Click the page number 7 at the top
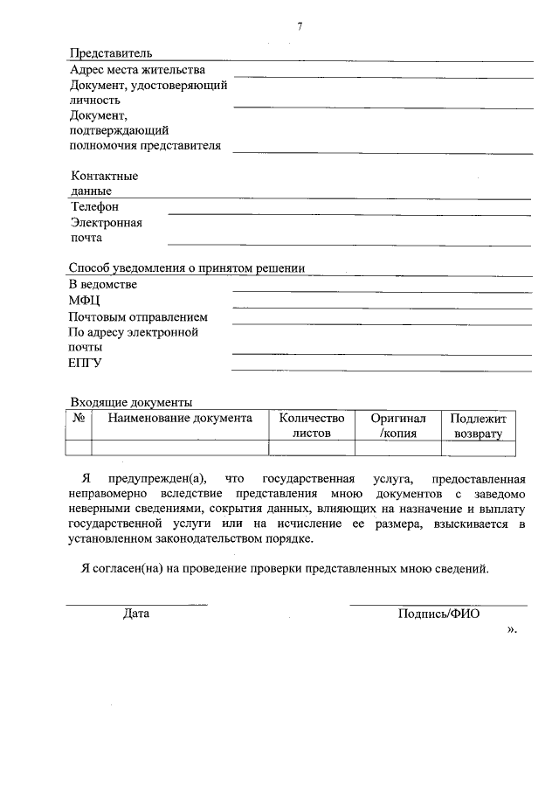pos(300,27)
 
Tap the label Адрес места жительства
pos(137,70)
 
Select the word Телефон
pos(94,207)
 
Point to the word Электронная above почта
pos(107,222)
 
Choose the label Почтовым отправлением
pos(139,316)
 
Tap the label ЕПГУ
pos(86,364)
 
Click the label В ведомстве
pos(103,285)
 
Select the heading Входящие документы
pos(131,403)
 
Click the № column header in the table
pos(79,419)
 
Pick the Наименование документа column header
pos(180,419)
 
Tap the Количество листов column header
pos(312,426)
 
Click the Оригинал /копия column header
pos(398,426)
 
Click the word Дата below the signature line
pos(136,614)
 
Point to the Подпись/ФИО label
pos(438,614)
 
